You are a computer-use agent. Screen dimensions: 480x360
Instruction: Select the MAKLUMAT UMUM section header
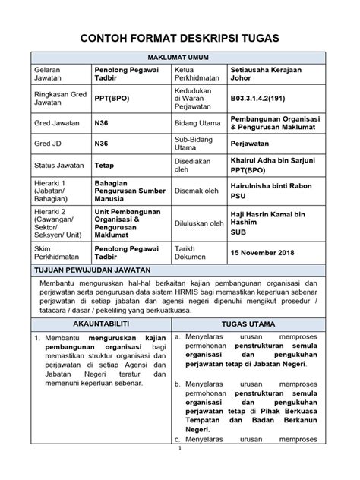click(x=180, y=58)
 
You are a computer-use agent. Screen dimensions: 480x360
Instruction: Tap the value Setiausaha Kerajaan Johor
click(x=262, y=74)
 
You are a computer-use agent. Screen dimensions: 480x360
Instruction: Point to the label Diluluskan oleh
click(x=198, y=223)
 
